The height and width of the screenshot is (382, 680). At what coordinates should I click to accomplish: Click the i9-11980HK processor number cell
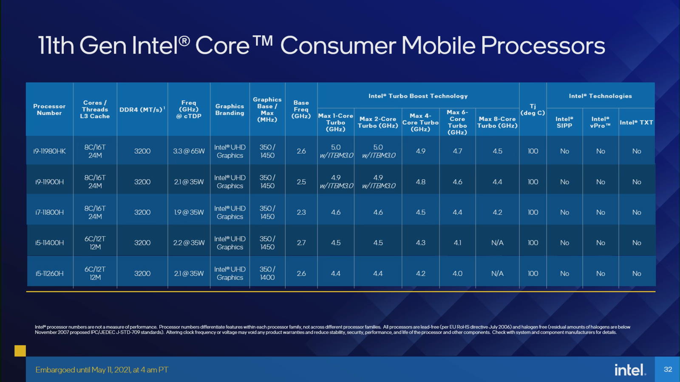click(x=49, y=151)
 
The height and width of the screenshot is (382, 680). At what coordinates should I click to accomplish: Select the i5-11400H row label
click(x=49, y=243)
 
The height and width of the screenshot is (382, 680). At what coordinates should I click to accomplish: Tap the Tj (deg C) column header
click(x=533, y=110)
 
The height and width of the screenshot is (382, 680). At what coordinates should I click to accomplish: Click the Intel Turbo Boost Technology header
click(x=418, y=96)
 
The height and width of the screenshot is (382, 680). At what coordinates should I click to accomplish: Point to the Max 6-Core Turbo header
click(x=457, y=122)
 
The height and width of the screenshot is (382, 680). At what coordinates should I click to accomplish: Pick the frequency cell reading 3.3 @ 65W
click(x=189, y=151)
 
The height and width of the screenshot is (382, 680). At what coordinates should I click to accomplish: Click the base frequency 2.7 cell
click(x=301, y=243)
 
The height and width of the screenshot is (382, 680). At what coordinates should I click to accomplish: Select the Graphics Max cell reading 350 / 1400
click(x=267, y=273)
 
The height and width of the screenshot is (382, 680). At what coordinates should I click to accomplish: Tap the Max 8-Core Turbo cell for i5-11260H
click(x=497, y=273)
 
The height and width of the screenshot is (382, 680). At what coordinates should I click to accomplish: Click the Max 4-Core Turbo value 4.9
click(x=420, y=151)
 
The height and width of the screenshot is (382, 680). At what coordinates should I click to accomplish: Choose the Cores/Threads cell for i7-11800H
click(x=95, y=212)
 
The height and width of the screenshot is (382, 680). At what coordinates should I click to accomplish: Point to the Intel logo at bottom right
click(x=630, y=370)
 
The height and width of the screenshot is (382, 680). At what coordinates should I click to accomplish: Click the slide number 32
click(x=668, y=369)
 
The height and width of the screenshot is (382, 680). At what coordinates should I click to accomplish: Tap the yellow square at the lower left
click(x=20, y=351)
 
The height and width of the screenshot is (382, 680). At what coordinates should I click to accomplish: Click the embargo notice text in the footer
click(x=102, y=370)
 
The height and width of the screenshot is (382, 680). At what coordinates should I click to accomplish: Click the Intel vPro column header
click(x=600, y=122)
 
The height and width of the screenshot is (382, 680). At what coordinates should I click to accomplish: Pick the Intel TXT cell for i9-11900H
click(x=636, y=182)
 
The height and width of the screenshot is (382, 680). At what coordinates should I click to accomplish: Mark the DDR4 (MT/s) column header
click(x=142, y=110)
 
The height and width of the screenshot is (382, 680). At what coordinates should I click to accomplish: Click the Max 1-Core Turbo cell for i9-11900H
click(x=336, y=182)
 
